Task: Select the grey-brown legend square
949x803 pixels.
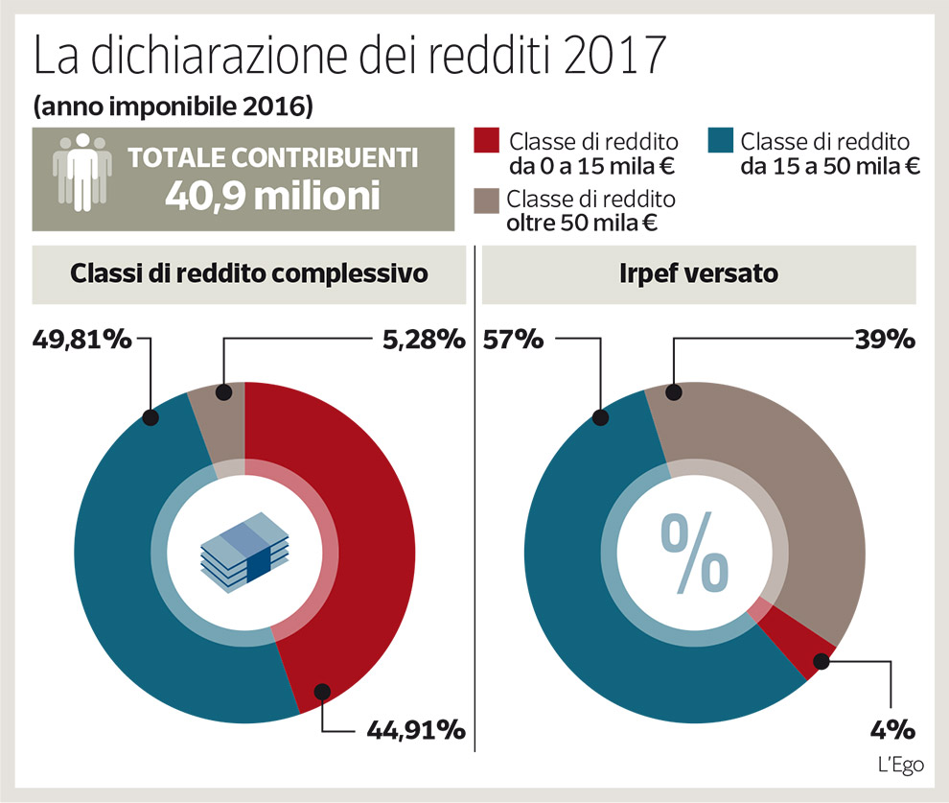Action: point(488,201)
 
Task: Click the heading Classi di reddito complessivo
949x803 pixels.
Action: point(249,273)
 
